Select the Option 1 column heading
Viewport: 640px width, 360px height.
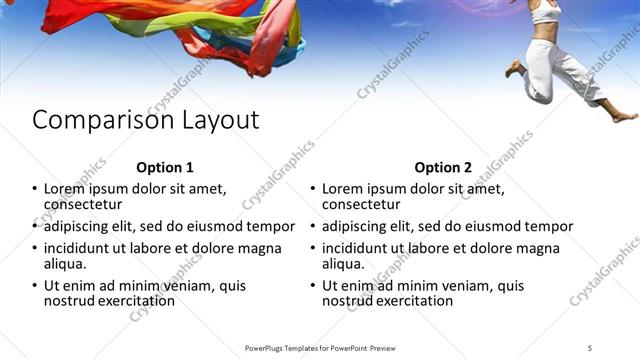click(x=164, y=167)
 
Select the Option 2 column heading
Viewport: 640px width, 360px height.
click(x=443, y=167)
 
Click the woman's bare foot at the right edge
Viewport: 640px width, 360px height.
click(x=624, y=116)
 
